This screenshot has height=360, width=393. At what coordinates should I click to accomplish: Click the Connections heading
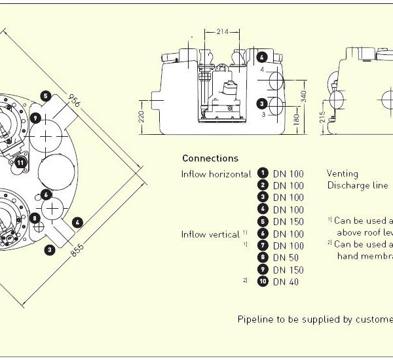210,158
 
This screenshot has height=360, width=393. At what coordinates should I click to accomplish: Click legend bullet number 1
262,173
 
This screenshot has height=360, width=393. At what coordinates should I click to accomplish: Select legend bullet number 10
262,282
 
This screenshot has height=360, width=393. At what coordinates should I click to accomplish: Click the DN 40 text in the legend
286,282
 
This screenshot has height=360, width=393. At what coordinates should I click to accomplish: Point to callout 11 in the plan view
20,162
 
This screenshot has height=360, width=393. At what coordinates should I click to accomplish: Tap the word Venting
343,173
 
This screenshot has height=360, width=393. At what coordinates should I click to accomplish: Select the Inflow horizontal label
216,173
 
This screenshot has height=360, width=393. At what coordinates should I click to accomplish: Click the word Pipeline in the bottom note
253,320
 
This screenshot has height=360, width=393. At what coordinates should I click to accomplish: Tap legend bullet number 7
262,245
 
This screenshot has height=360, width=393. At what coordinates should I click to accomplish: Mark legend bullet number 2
262,185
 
